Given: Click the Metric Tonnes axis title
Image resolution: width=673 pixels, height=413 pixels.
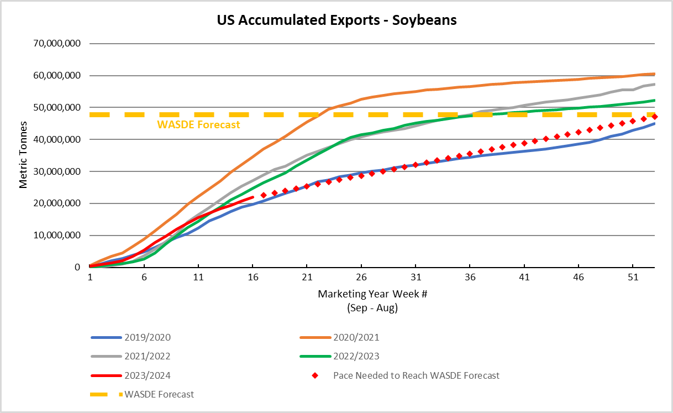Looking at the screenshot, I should coord(23,155).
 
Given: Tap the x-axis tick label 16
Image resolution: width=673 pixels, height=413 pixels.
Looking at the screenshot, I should coord(253,279).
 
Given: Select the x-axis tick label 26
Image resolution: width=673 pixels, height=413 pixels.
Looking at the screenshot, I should coord(361,279).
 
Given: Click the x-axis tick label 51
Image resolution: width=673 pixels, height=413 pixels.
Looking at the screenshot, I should coord(632,279).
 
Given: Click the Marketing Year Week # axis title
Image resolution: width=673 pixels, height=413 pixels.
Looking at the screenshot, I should coord(372,294).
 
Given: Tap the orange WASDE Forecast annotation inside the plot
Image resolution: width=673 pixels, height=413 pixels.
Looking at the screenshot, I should coord(199,125).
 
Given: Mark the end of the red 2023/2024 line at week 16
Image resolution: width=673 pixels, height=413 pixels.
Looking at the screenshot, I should coord(253,197).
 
